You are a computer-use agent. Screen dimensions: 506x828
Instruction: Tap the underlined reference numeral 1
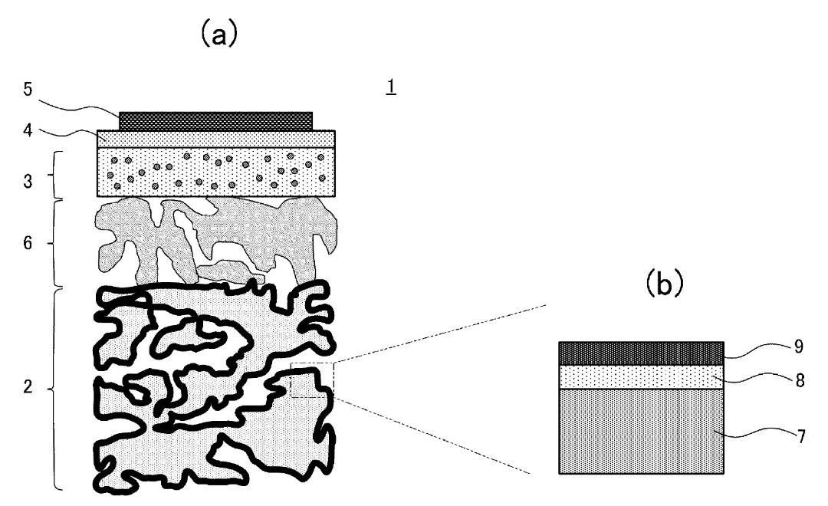[x=392, y=88]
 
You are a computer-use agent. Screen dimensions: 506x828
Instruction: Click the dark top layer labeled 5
[x=216, y=121]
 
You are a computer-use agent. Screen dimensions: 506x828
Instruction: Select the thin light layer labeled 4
[x=216, y=138]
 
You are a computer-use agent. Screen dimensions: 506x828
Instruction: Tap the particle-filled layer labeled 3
[x=216, y=172]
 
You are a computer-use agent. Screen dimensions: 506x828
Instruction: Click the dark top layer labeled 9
[x=640, y=353]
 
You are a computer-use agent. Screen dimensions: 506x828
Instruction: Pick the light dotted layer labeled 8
[x=640, y=376]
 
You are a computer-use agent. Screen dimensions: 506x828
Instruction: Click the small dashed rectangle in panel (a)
[x=312, y=380]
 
